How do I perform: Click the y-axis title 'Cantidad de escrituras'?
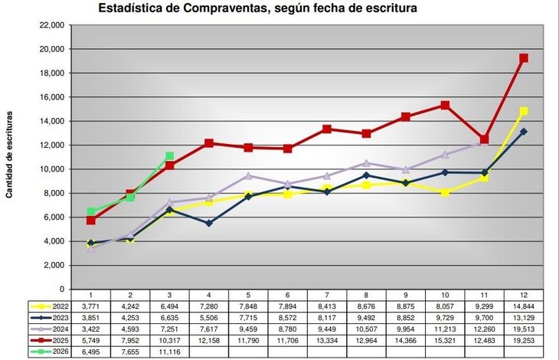[x=9, y=154]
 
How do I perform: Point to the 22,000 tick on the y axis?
[x=51, y=25]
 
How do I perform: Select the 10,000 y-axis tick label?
[x=51, y=169]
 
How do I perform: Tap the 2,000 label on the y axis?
[x=53, y=265]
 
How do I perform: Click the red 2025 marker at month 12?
[x=524, y=58]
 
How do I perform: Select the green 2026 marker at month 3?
[x=169, y=156]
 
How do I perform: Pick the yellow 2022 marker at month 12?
[x=524, y=111]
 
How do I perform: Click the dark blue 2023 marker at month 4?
[x=209, y=223]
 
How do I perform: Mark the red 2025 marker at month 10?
[x=445, y=105]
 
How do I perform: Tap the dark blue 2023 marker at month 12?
[x=524, y=132]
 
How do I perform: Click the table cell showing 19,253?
[x=524, y=340]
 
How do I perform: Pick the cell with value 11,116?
[x=169, y=352]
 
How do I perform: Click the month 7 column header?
[x=327, y=295]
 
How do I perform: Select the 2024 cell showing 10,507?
[x=366, y=329]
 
